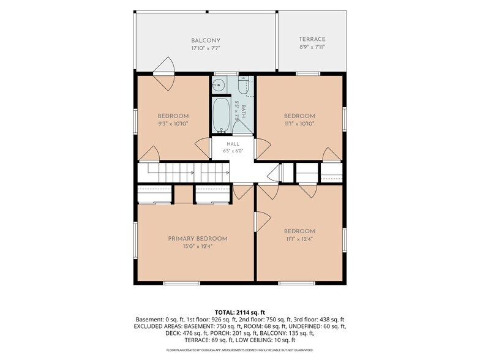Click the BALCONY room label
(206, 40)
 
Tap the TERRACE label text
(312, 39)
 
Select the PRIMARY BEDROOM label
(197, 239)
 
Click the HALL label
(233, 144)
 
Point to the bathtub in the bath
(222, 115)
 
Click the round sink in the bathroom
(219, 84)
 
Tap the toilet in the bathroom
(244, 86)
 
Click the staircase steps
(184, 173)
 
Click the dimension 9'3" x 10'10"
(173, 124)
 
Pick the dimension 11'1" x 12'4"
(299, 239)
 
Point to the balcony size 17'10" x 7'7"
(206, 48)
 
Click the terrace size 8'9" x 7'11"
(312, 47)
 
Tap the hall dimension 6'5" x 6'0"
(233, 151)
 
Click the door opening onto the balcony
(163, 73)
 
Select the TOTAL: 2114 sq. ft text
(240, 312)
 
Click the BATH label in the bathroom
(244, 111)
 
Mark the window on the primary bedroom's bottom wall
(181, 283)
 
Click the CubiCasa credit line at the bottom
(240, 350)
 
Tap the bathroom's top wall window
(226, 73)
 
